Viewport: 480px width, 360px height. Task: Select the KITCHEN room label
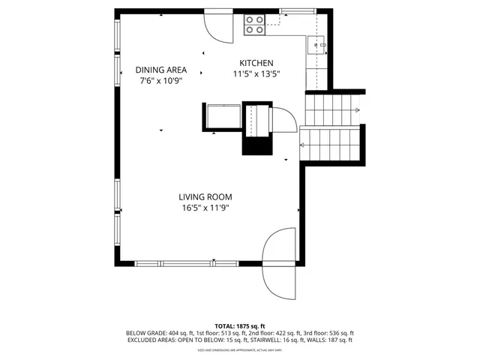pyautogui.click(x=256, y=63)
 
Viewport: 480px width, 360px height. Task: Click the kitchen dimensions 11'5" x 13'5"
pyautogui.click(x=256, y=74)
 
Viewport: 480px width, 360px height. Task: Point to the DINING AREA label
pyautogui.click(x=160, y=70)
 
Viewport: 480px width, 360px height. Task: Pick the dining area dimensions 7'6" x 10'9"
pyautogui.click(x=160, y=80)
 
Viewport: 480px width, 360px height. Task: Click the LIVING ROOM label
pyautogui.click(x=205, y=197)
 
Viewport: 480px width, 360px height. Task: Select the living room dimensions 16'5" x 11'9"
pyautogui.click(x=205, y=208)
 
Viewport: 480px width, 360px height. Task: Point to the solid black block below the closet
pyautogui.click(x=255, y=145)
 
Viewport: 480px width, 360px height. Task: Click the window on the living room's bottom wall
pyautogui.click(x=213, y=262)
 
